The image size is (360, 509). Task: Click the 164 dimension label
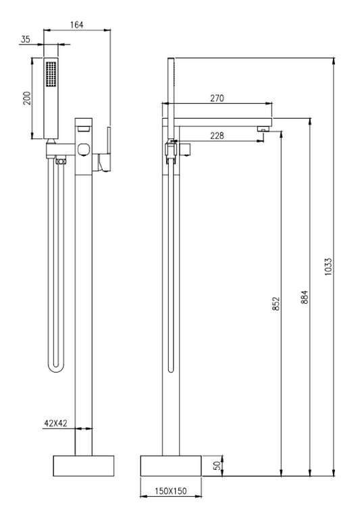[77, 25]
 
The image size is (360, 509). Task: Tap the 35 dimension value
[26, 39]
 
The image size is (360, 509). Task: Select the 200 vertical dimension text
[27, 98]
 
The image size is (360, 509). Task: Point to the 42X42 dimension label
[55, 423]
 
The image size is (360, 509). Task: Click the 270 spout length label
[217, 98]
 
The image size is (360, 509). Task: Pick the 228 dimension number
[217, 136]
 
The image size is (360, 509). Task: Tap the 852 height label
[276, 304]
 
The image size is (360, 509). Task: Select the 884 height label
[305, 297]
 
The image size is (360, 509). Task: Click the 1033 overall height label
[328, 267]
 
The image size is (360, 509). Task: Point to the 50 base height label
[218, 466]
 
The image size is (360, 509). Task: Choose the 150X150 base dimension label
[171, 491]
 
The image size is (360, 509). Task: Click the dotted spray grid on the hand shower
[51, 74]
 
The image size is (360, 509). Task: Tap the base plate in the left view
[84, 466]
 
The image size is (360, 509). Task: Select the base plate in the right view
[171, 466]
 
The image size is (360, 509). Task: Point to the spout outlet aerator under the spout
[263, 129]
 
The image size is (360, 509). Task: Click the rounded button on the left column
[84, 149]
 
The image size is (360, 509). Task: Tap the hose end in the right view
[172, 369]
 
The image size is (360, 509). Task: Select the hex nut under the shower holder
[61, 161]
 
